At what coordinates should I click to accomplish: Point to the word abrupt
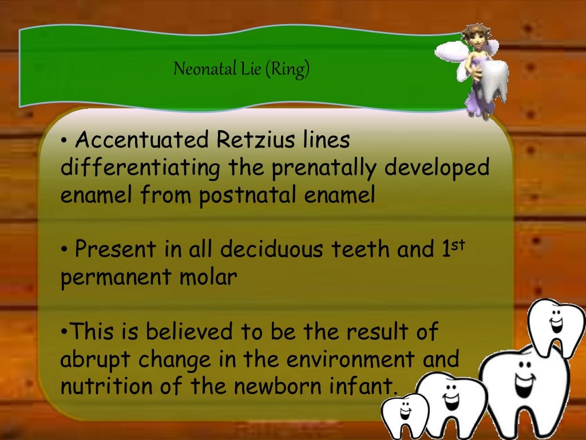(x=92, y=360)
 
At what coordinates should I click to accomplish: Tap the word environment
(x=350, y=360)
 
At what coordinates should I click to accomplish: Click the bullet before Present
(x=65, y=250)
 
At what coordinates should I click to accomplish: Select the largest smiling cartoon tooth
(x=524, y=390)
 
